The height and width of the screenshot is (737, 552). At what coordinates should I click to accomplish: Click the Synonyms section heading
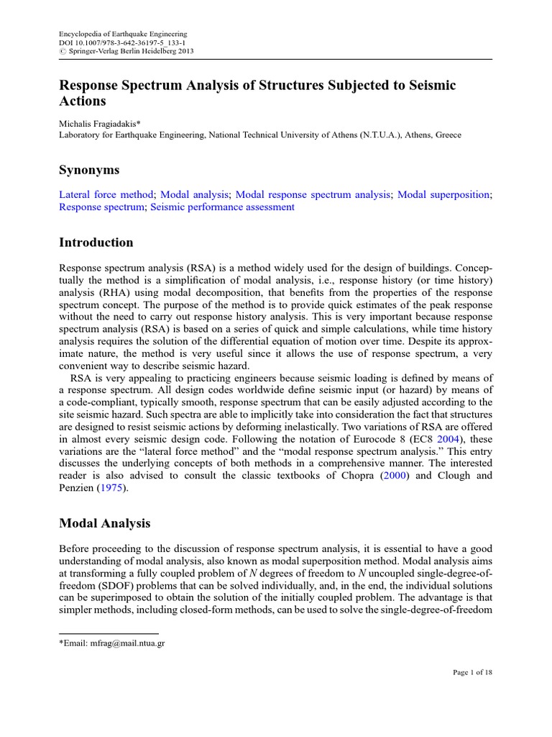click(x=89, y=170)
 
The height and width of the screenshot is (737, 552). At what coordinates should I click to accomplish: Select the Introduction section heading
click(x=96, y=243)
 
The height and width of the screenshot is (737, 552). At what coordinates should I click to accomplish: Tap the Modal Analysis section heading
click(x=104, y=523)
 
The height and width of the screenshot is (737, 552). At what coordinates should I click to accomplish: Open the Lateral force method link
click(x=106, y=194)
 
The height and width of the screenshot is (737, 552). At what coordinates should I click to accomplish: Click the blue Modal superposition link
click(x=443, y=194)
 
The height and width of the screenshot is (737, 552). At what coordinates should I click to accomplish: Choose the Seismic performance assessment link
click(x=222, y=207)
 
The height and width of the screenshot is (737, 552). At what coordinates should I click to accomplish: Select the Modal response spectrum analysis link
click(x=313, y=194)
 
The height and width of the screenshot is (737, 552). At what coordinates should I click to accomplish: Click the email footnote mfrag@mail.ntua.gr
click(x=112, y=643)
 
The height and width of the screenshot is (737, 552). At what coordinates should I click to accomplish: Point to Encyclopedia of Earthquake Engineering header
click(x=122, y=34)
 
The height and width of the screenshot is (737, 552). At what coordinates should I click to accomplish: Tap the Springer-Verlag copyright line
click(x=126, y=51)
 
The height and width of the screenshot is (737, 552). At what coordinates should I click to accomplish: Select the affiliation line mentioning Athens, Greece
click(x=259, y=135)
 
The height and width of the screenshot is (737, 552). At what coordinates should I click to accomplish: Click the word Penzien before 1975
click(x=76, y=487)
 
